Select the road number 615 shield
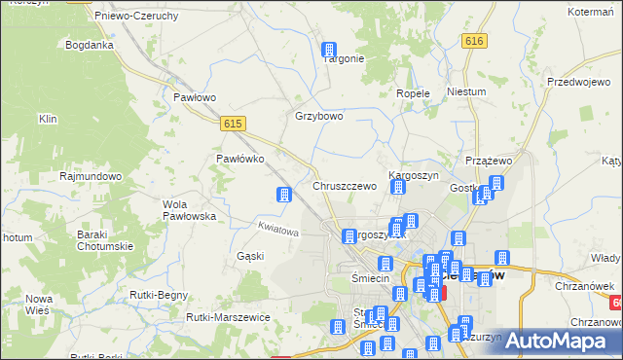232,123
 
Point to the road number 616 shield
474,41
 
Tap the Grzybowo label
319,116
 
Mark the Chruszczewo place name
344,186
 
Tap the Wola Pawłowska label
189,209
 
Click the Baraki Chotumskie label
105,239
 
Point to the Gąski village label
250,256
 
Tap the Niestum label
465,91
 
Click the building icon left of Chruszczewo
284,195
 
